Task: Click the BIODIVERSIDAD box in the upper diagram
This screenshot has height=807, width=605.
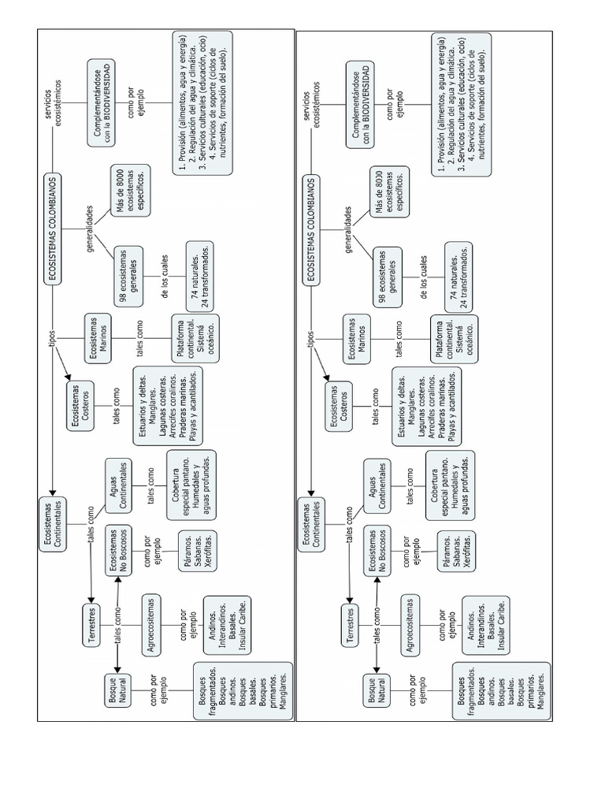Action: click(x=102, y=102)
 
